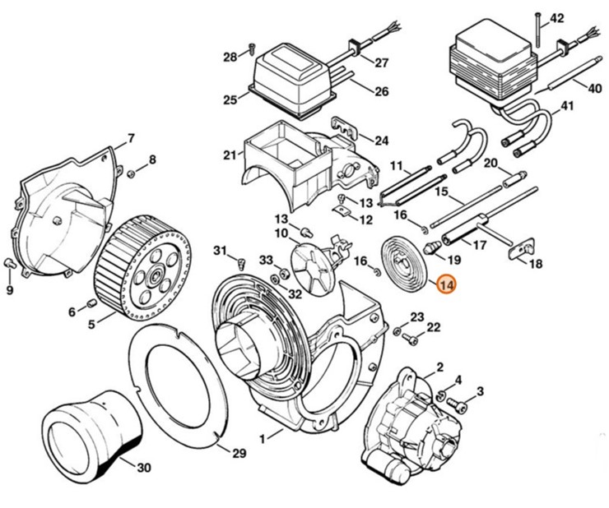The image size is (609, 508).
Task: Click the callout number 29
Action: coord(239,453)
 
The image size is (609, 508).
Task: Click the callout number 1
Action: coord(263,440)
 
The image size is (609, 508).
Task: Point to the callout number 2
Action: coord(439,367)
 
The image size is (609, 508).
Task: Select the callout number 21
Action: coord(228,154)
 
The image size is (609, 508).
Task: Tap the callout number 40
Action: coord(594,87)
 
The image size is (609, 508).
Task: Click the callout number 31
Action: coord(220,250)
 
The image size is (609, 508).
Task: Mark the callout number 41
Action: coord(567,106)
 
